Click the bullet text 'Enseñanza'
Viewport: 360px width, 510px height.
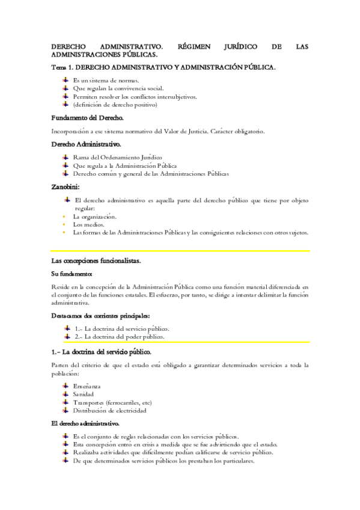click(87, 385)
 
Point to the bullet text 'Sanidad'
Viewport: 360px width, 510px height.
click(84, 394)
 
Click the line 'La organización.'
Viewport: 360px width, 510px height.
click(94, 216)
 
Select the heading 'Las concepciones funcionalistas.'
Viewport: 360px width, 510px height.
click(96, 260)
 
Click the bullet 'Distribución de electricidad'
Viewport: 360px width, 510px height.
click(109, 411)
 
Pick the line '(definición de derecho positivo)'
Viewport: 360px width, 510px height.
click(115, 104)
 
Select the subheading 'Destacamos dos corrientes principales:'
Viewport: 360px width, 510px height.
click(100, 316)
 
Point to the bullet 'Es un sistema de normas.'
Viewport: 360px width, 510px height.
click(106, 79)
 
